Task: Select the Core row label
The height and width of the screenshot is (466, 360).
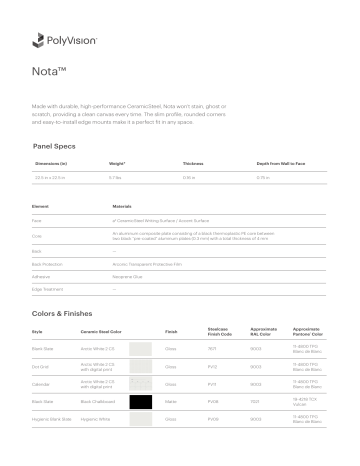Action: point(38,236)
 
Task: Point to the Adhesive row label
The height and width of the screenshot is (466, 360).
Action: point(43,272)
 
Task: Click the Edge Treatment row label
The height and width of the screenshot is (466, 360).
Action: point(48,284)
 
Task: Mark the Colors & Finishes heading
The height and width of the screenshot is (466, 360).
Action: point(68,313)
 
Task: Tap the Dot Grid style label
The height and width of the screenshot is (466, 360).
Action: point(42,365)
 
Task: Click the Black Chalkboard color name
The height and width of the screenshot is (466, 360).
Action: point(100,400)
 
